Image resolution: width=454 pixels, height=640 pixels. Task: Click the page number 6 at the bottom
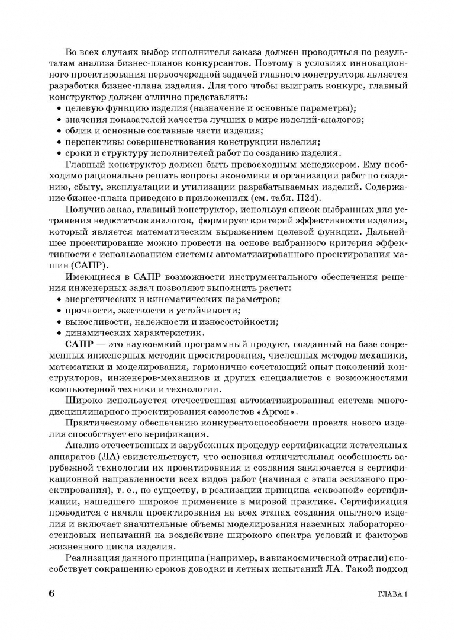coord(52,594)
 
